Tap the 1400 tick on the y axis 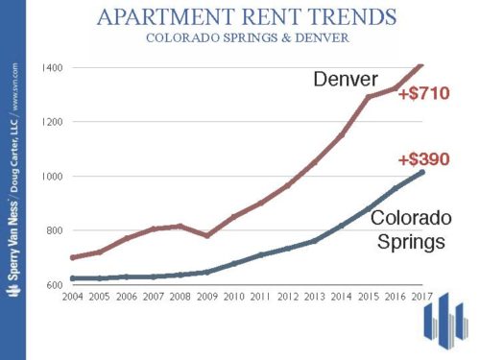pyautogui.click(x=54, y=67)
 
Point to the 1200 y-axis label pyautogui.click(x=54, y=122)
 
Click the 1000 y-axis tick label pyautogui.click(x=54, y=177)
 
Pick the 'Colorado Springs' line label pyautogui.click(x=408, y=229)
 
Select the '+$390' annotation pyautogui.click(x=423, y=160)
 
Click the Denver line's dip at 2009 pyautogui.click(x=204, y=235)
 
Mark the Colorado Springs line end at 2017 pyautogui.click(x=422, y=172)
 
